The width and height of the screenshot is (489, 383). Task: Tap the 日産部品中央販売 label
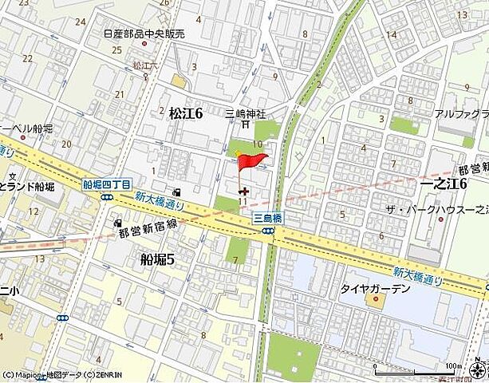(x=144, y=34)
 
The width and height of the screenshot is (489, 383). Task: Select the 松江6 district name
(x=186, y=114)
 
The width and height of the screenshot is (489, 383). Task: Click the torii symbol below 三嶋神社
(x=246, y=124)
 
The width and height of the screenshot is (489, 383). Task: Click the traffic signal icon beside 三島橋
(x=270, y=231)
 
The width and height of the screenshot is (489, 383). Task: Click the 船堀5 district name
(x=157, y=258)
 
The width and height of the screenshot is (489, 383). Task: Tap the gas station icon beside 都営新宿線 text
(x=118, y=224)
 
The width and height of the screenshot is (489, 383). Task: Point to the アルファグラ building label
(x=462, y=115)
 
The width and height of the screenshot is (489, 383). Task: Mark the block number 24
(x=80, y=22)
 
